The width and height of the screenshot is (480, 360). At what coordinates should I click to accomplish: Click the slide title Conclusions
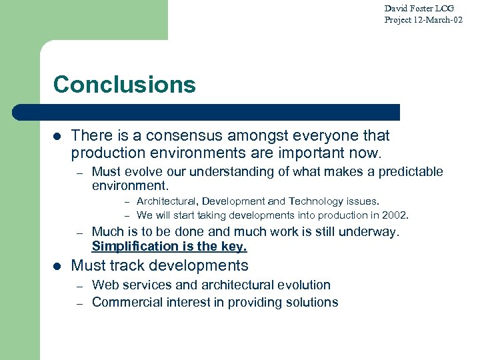[x=124, y=85]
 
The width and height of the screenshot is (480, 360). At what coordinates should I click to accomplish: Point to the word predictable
[x=411, y=172]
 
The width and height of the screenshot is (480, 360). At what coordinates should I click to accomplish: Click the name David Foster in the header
[x=408, y=9]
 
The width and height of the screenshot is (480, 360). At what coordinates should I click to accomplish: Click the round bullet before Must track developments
[x=57, y=266]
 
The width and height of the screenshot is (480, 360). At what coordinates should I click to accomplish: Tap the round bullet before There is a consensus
[x=57, y=136]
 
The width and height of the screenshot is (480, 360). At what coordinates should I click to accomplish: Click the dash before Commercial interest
[x=79, y=303]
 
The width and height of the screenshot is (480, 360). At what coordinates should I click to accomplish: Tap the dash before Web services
[x=79, y=285]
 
